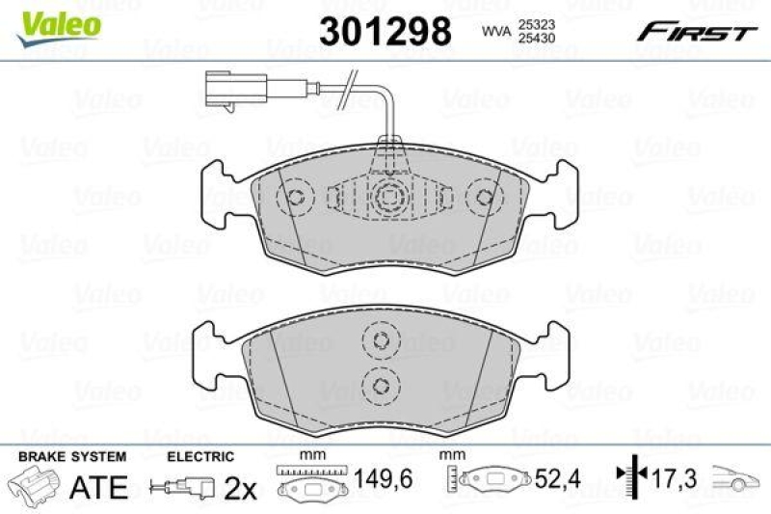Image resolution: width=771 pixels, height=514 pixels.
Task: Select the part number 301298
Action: pyautogui.click(x=384, y=32)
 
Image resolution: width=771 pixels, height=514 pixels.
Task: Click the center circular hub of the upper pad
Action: pyautogui.click(x=388, y=197)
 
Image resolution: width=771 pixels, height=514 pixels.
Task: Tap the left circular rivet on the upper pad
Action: pyautogui.click(x=294, y=198)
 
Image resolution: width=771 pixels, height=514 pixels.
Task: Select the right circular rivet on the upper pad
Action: pyautogui.click(x=485, y=198)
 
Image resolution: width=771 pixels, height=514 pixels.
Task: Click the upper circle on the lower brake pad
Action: pyautogui.click(x=379, y=340)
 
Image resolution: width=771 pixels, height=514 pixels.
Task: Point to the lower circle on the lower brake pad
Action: pyautogui.click(x=379, y=385)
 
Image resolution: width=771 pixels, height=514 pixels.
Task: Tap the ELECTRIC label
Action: pyautogui.click(x=200, y=455)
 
